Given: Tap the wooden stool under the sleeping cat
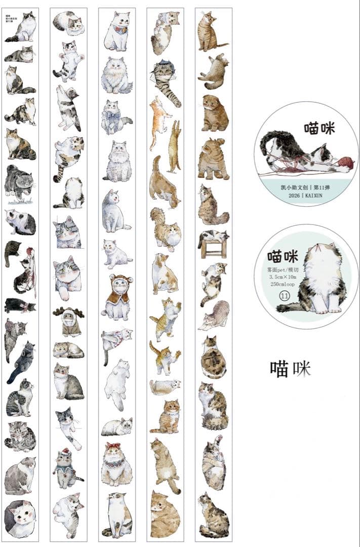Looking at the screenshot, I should click(213, 248).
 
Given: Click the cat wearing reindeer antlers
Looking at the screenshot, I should click(68, 321).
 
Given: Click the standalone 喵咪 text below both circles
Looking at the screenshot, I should click(290, 368).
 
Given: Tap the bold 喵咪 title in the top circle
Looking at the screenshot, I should click(320, 128).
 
